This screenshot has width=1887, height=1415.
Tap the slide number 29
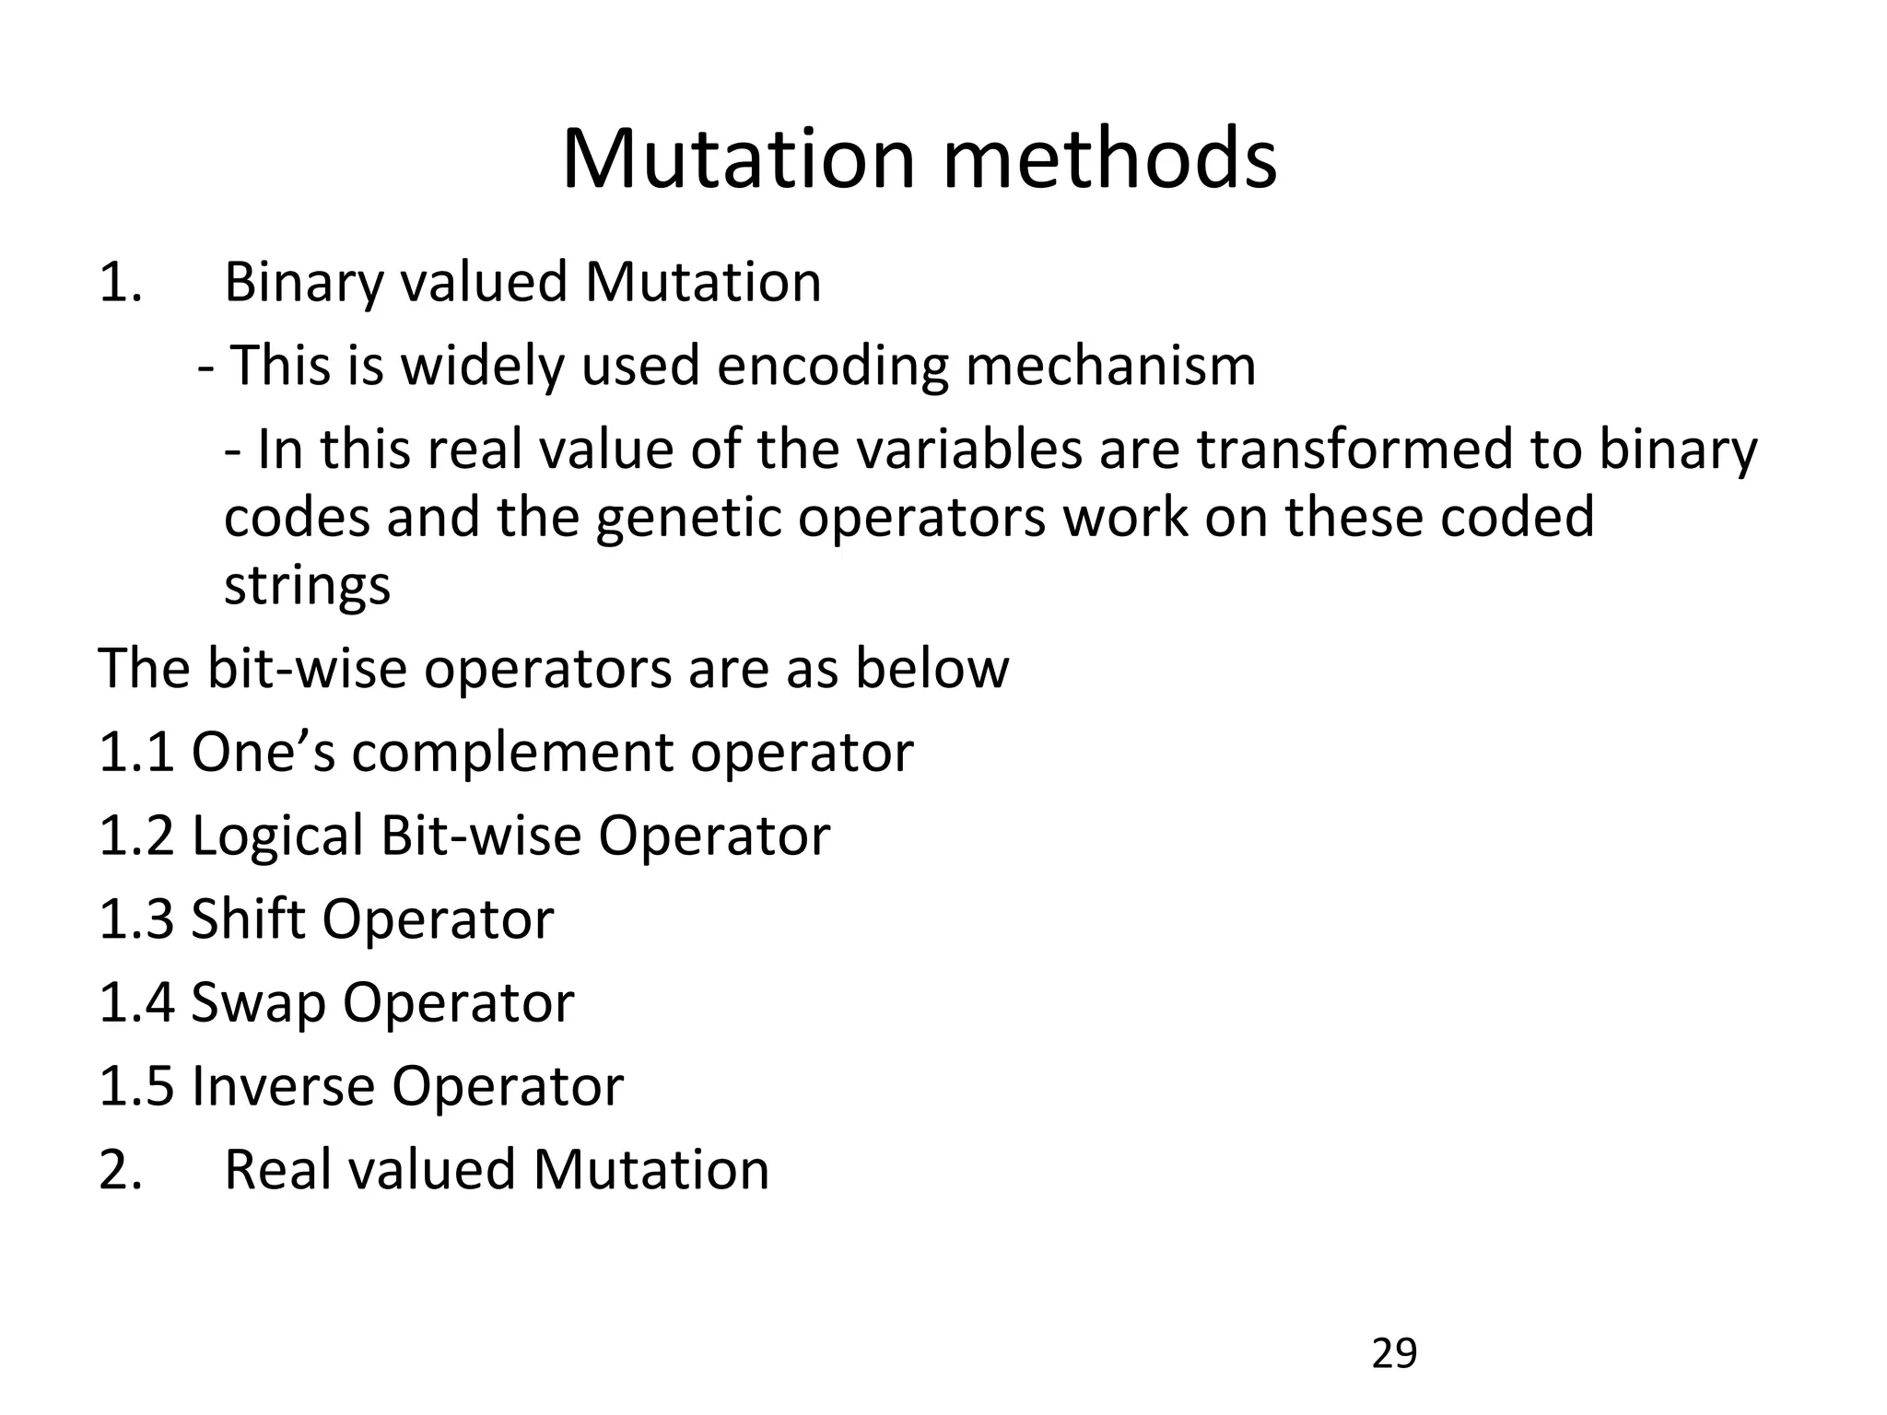click(x=1394, y=1353)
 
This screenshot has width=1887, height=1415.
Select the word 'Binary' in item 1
click(x=303, y=283)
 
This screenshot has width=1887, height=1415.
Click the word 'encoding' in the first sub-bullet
click(x=832, y=366)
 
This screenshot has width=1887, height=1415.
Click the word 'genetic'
click(x=687, y=517)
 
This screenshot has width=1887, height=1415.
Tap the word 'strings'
click(x=307, y=586)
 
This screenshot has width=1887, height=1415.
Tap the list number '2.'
click(x=120, y=1170)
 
